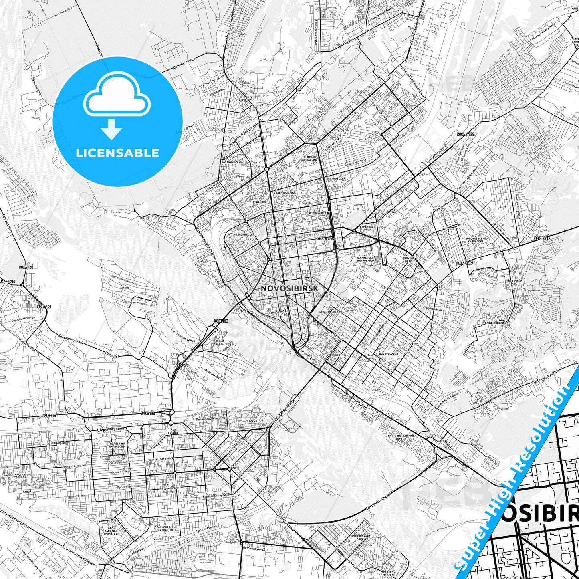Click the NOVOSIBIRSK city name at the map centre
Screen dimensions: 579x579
(290, 288)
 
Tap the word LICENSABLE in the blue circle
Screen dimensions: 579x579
(117, 153)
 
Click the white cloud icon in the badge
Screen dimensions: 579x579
(117, 94)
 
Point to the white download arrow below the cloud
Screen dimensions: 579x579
(111, 129)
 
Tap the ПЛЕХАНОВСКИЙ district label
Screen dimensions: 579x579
(335, 178)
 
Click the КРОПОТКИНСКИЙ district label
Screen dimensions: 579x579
(285, 193)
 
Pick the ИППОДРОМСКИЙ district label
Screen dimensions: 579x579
(319, 213)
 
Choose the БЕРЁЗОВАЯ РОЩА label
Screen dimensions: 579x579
(368, 228)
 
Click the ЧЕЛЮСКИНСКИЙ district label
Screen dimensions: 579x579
(244, 234)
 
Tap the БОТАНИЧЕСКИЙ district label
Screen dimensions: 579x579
(232, 163)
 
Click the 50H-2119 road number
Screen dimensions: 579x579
(466, 134)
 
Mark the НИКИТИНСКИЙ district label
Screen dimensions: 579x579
(388, 355)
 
